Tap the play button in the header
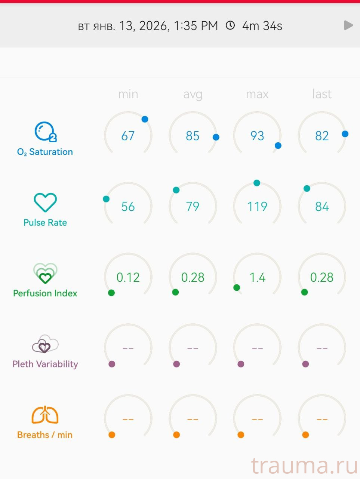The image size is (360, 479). point(348,25)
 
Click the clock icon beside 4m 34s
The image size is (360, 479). point(230,25)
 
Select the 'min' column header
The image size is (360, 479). point(128,94)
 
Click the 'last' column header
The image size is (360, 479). point(321,94)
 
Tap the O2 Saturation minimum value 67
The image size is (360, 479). point(128,135)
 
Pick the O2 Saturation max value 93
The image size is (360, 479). point(257,135)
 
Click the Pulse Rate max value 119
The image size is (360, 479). point(257,206)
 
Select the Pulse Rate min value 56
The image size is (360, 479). point(128,206)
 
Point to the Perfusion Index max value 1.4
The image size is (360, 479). point(257,277)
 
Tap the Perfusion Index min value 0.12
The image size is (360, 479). point(128,277)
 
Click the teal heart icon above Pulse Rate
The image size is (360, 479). point(45,202)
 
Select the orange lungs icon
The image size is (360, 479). point(45,415)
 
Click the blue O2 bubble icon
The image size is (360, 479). point(45,132)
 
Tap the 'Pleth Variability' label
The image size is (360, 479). point(45,364)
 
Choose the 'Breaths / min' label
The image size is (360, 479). point(45,435)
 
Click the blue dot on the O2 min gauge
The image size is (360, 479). point(145,119)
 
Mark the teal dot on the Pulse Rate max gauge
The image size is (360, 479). point(256,183)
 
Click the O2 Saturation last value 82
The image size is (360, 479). point(321,135)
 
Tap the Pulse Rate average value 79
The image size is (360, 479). point(193,206)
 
